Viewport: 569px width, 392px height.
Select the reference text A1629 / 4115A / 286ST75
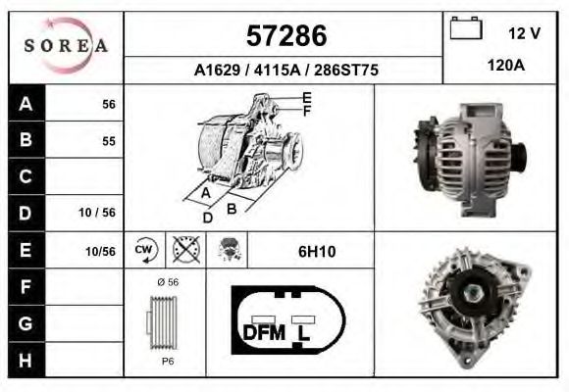pyautogui.click(x=286, y=71)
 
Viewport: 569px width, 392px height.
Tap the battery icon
pyautogui.click(x=464, y=30)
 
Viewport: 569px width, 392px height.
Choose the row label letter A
pyautogui.click(x=26, y=103)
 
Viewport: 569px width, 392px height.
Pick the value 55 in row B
pyautogui.click(x=108, y=140)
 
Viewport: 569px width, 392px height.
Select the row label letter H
pyautogui.click(x=26, y=360)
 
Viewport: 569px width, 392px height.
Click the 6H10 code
pyautogui.click(x=317, y=252)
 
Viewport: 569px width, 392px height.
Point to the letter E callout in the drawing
pyautogui.click(x=307, y=97)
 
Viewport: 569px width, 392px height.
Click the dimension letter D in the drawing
pyautogui.click(x=207, y=218)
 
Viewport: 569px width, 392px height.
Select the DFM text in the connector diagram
pyautogui.click(x=263, y=332)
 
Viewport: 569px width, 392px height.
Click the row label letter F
pyautogui.click(x=26, y=287)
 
